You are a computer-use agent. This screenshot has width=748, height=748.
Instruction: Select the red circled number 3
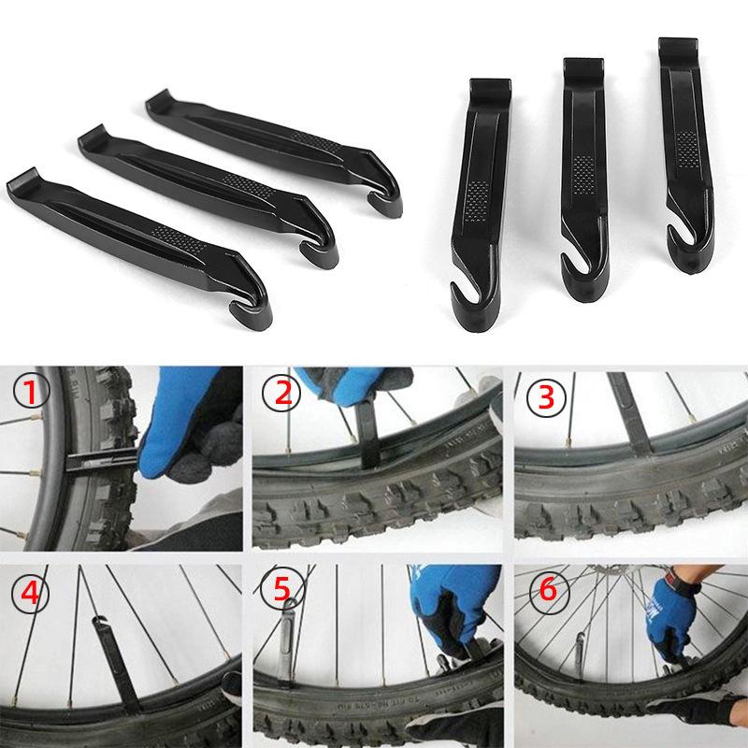[545, 397]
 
